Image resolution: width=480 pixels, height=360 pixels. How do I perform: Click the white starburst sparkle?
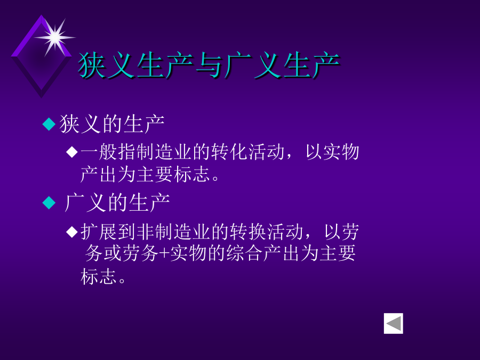[x=55, y=38]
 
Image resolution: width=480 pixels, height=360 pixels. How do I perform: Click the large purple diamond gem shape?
[x=41, y=57]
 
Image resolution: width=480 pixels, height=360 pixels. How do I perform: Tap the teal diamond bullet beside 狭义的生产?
[x=49, y=124]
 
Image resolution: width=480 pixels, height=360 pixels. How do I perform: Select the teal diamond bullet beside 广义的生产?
[x=49, y=203]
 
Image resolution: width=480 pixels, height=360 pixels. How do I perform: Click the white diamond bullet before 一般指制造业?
[x=72, y=152]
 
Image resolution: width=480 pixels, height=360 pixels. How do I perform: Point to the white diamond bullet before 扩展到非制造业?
[x=72, y=232]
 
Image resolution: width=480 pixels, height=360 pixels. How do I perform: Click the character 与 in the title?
[x=209, y=65]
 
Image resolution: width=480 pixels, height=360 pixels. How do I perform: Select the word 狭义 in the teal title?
[x=106, y=65]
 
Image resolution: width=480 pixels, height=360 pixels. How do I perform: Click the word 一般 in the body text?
[x=99, y=152]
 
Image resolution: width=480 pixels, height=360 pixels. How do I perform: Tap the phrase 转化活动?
[x=247, y=152]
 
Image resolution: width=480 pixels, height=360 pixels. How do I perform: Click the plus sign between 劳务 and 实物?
[x=164, y=254]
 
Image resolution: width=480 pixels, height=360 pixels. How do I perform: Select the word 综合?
[x=244, y=253]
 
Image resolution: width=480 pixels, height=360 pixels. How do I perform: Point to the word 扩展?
[x=99, y=232]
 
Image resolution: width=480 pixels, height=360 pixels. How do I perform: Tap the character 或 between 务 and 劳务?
[x=113, y=253]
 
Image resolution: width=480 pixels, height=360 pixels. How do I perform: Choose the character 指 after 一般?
[x=127, y=152]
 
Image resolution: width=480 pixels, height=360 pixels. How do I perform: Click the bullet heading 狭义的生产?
[x=112, y=124]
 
